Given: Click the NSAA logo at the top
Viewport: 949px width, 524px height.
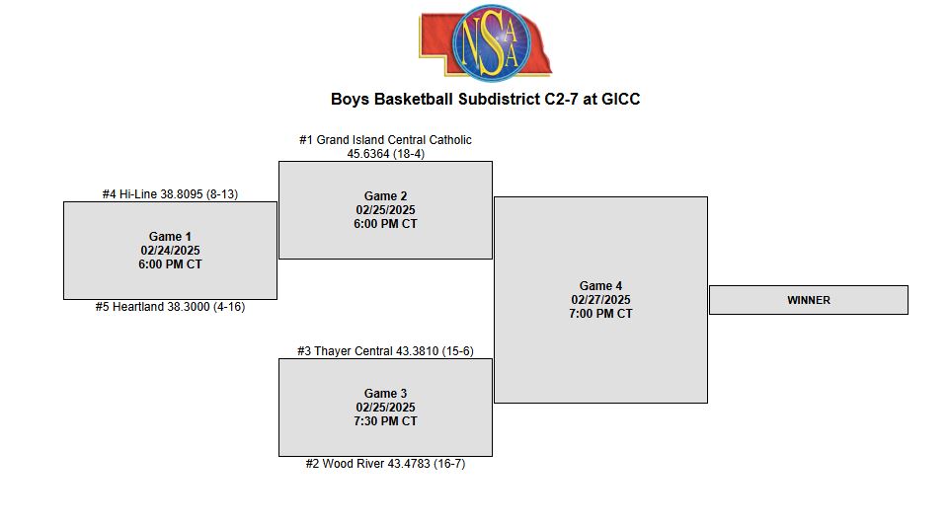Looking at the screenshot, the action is click(486, 42).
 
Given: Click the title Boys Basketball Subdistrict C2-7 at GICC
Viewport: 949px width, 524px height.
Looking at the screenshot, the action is click(486, 100).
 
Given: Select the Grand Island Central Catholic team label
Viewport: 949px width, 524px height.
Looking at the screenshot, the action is click(385, 140).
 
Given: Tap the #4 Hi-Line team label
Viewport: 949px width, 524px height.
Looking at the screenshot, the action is click(170, 194).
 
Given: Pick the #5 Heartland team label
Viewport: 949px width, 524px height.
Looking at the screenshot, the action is click(170, 307).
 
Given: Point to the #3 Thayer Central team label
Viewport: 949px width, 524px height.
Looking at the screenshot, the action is click(385, 351).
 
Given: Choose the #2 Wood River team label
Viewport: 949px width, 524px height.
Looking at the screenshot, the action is click(385, 464).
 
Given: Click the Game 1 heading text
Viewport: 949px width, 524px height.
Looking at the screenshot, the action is click(170, 237).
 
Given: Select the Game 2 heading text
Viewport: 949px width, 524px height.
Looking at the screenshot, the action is click(385, 196).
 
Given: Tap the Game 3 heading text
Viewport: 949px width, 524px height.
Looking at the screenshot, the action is click(385, 394).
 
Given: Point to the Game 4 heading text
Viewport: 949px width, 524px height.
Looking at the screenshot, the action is click(601, 285).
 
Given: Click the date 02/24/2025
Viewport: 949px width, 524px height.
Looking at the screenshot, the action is click(170, 251).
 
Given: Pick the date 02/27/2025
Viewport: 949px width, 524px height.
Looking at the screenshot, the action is click(601, 300).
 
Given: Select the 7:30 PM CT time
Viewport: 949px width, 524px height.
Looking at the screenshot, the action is click(385, 421).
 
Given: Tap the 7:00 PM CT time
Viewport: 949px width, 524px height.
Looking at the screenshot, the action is click(601, 314).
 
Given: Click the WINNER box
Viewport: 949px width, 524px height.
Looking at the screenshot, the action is click(809, 300).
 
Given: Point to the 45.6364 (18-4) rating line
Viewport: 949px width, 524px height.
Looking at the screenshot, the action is click(385, 154).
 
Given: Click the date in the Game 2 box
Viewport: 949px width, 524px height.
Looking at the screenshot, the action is click(385, 210).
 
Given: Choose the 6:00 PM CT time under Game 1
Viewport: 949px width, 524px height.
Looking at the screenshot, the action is click(170, 264).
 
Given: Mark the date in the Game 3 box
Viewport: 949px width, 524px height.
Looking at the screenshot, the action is click(385, 408).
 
